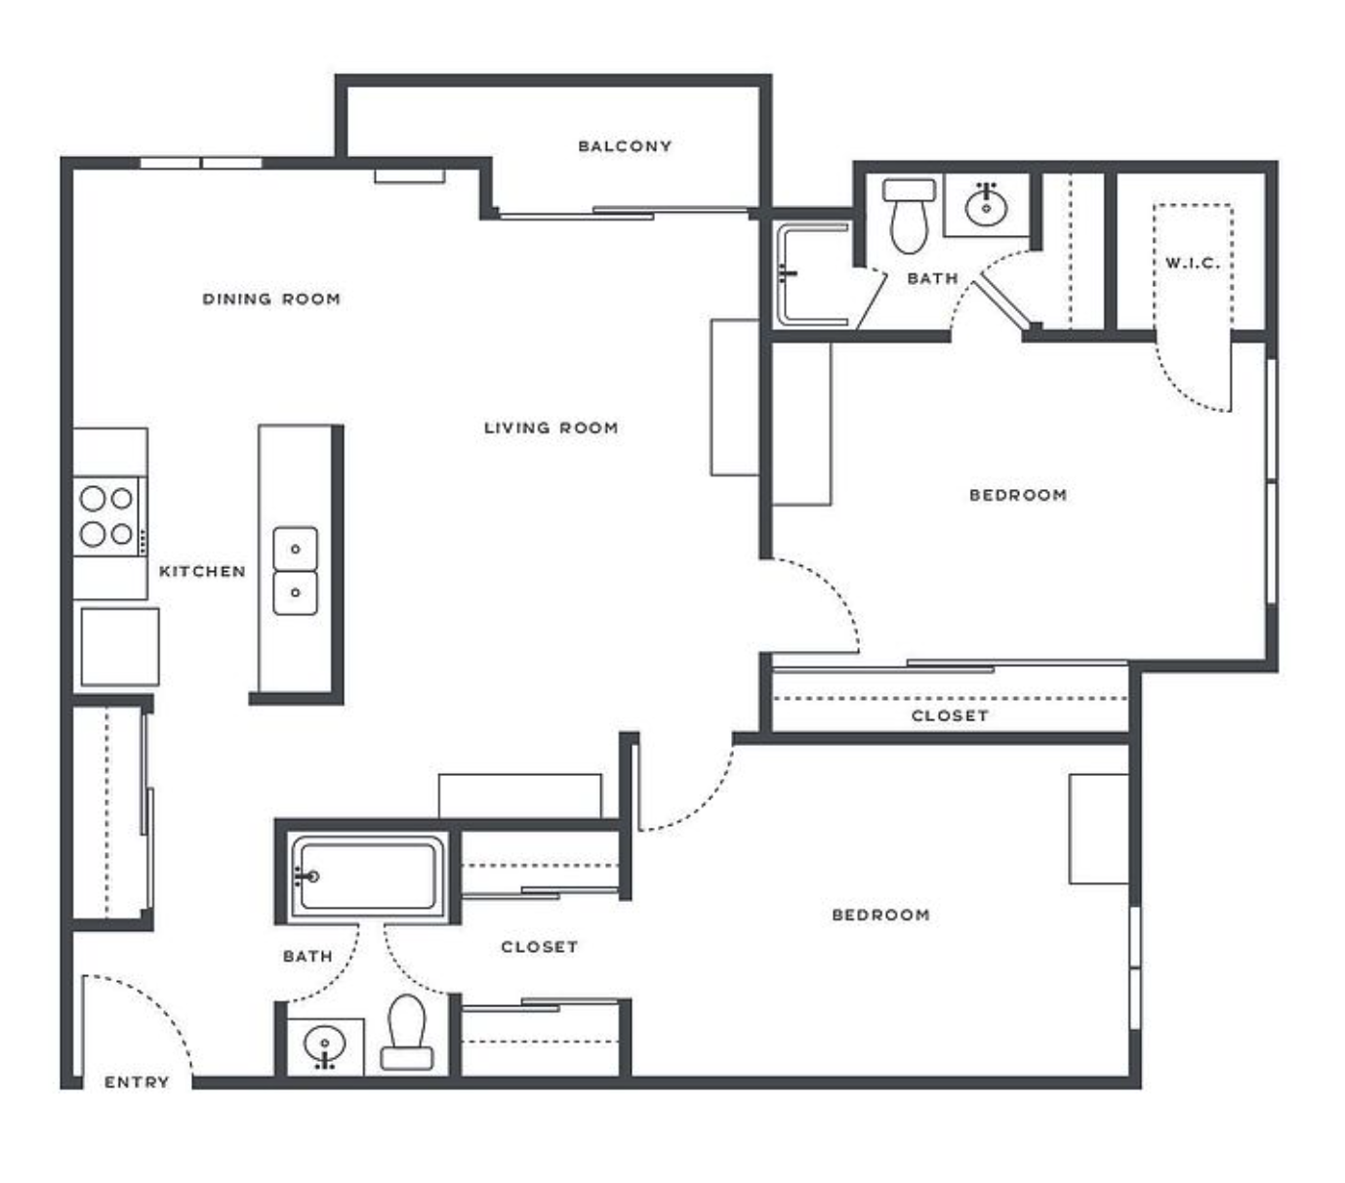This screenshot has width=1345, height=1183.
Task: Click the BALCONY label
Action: (x=624, y=146)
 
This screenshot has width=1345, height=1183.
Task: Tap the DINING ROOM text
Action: (x=271, y=299)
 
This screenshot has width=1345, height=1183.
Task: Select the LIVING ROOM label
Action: (x=550, y=428)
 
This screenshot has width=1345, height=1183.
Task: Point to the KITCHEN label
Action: (x=202, y=571)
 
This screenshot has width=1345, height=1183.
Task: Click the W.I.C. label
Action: (x=1193, y=263)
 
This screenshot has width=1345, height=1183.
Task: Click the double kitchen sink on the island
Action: (x=295, y=571)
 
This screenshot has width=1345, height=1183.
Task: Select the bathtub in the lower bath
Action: (x=368, y=877)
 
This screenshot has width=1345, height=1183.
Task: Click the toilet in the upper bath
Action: (x=908, y=215)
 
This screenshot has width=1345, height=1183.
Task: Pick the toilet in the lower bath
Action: (x=406, y=1032)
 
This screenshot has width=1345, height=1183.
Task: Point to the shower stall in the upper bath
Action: (x=813, y=275)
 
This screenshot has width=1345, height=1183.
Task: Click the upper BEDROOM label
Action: (x=1018, y=495)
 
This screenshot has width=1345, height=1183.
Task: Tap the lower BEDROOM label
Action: (x=880, y=915)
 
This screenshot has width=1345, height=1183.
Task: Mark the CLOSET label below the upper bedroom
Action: (x=950, y=715)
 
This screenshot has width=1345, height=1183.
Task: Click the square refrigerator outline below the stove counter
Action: (x=119, y=646)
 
